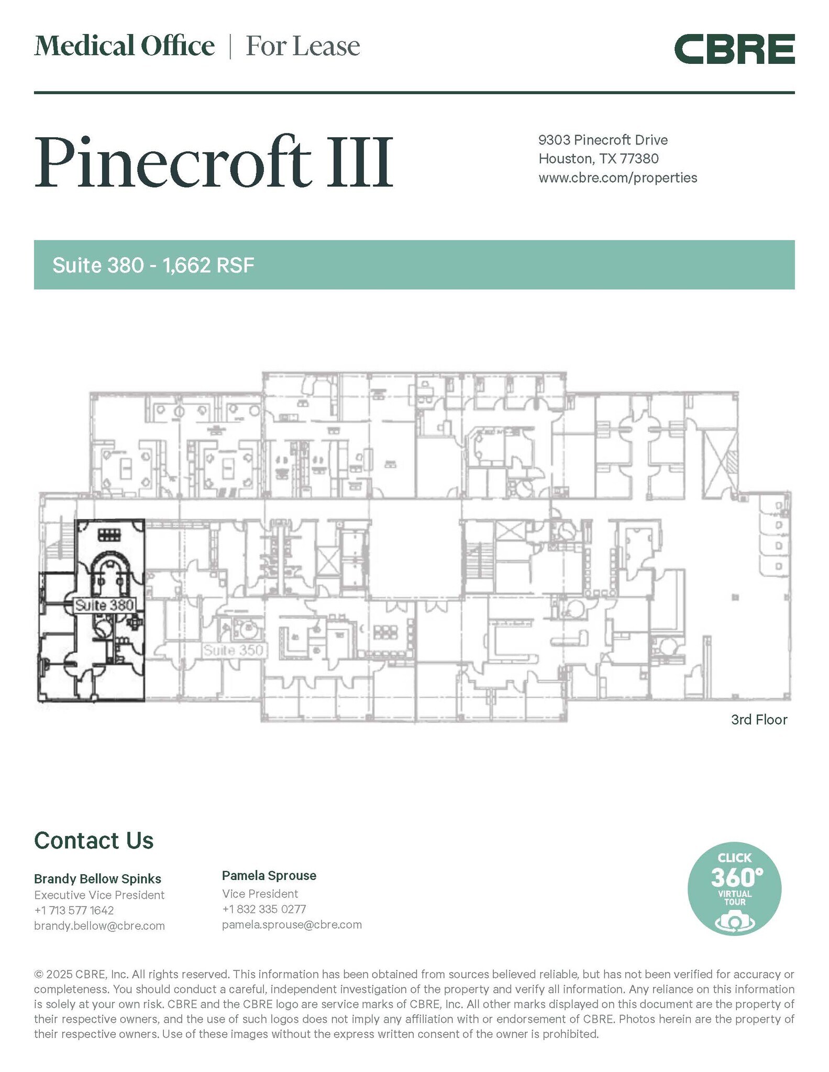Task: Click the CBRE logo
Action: [734, 49]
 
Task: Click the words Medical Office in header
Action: [124, 46]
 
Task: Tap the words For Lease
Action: [303, 46]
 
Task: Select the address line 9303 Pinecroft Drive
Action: [603, 140]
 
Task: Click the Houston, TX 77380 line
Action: [598, 159]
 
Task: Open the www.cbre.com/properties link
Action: [617, 177]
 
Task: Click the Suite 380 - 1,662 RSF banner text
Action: [153, 265]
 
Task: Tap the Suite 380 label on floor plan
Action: [105, 605]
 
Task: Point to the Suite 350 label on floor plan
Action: [235, 651]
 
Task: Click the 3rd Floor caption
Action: [758, 719]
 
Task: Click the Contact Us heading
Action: [94, 840]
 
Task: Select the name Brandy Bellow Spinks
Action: [97, 878]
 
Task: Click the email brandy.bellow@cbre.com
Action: [100, 925]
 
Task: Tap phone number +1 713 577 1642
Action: [74, 910]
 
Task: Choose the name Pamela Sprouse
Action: [269, 875]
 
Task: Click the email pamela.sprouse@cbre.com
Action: [292, 924]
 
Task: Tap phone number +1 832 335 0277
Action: [264, 909]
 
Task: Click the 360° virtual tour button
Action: [734, 888]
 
